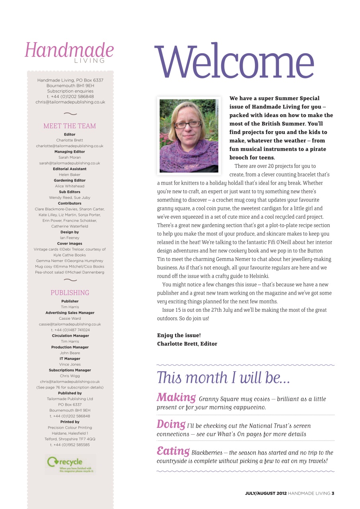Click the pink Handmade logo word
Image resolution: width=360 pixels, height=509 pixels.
tap(69, 51)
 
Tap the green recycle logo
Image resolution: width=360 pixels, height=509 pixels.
tap(70, 463)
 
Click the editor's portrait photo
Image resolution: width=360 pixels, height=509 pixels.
tap(189, 136)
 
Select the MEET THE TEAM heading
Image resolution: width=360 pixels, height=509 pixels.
tap(70, 126)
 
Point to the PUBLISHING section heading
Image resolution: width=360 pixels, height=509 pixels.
tap(70, 293)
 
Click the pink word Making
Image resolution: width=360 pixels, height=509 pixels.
tap(176, 397)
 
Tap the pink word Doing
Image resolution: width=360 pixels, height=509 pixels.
tap(171, 424)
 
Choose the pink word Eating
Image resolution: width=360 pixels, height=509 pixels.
tap(173, 451)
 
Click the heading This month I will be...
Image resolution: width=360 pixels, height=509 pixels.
tap(223, 377)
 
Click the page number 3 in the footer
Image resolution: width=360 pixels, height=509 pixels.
tap(333, 493)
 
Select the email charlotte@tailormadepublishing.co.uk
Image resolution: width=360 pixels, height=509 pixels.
tap(70, 146)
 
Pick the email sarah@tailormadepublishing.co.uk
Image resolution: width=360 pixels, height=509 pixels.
tap(70, 163)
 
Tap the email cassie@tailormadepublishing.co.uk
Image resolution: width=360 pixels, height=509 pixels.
tap(70, 324)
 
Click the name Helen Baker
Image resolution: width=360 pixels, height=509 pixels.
tap(70, 175)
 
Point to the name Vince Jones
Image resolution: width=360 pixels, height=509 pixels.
tap(70, 364)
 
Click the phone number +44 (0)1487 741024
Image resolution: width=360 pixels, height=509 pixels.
tap(70, 330)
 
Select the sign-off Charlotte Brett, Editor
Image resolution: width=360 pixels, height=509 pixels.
tap(187, 344)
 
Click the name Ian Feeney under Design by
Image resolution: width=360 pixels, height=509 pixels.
tap(70, 238)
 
